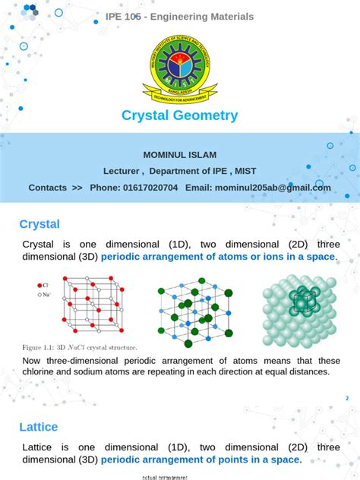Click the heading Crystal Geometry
pos(180,115)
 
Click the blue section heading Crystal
pos(39,224)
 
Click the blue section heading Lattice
pos(39,427)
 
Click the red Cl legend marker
pos(39,286)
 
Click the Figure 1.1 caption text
pos(80,347)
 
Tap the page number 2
pos(347,399)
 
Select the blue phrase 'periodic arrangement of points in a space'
pos(201,460)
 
